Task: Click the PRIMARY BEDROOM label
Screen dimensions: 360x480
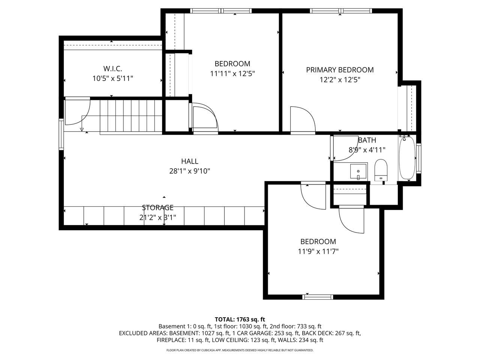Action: [340, 70]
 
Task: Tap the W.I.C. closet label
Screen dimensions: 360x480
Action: [112, 69]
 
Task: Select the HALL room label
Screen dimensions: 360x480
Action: [189, 161]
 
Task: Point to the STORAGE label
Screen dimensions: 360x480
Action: [157, 207]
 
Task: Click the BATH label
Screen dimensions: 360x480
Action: [367, 140]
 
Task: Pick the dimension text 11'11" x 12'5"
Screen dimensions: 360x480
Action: [232, 74]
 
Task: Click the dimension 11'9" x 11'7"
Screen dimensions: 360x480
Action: [318, 252]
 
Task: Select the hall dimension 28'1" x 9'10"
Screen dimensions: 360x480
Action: [189, 171]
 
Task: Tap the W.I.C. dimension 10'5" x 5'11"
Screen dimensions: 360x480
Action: [112, 79]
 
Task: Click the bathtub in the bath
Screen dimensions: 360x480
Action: [407, 159]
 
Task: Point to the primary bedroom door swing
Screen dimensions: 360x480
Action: [302, 119]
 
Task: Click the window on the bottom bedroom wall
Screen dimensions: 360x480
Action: [318, 297]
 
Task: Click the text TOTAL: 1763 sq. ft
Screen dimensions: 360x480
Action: [240, 319]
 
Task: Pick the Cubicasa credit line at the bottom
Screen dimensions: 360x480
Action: [240, 350]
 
